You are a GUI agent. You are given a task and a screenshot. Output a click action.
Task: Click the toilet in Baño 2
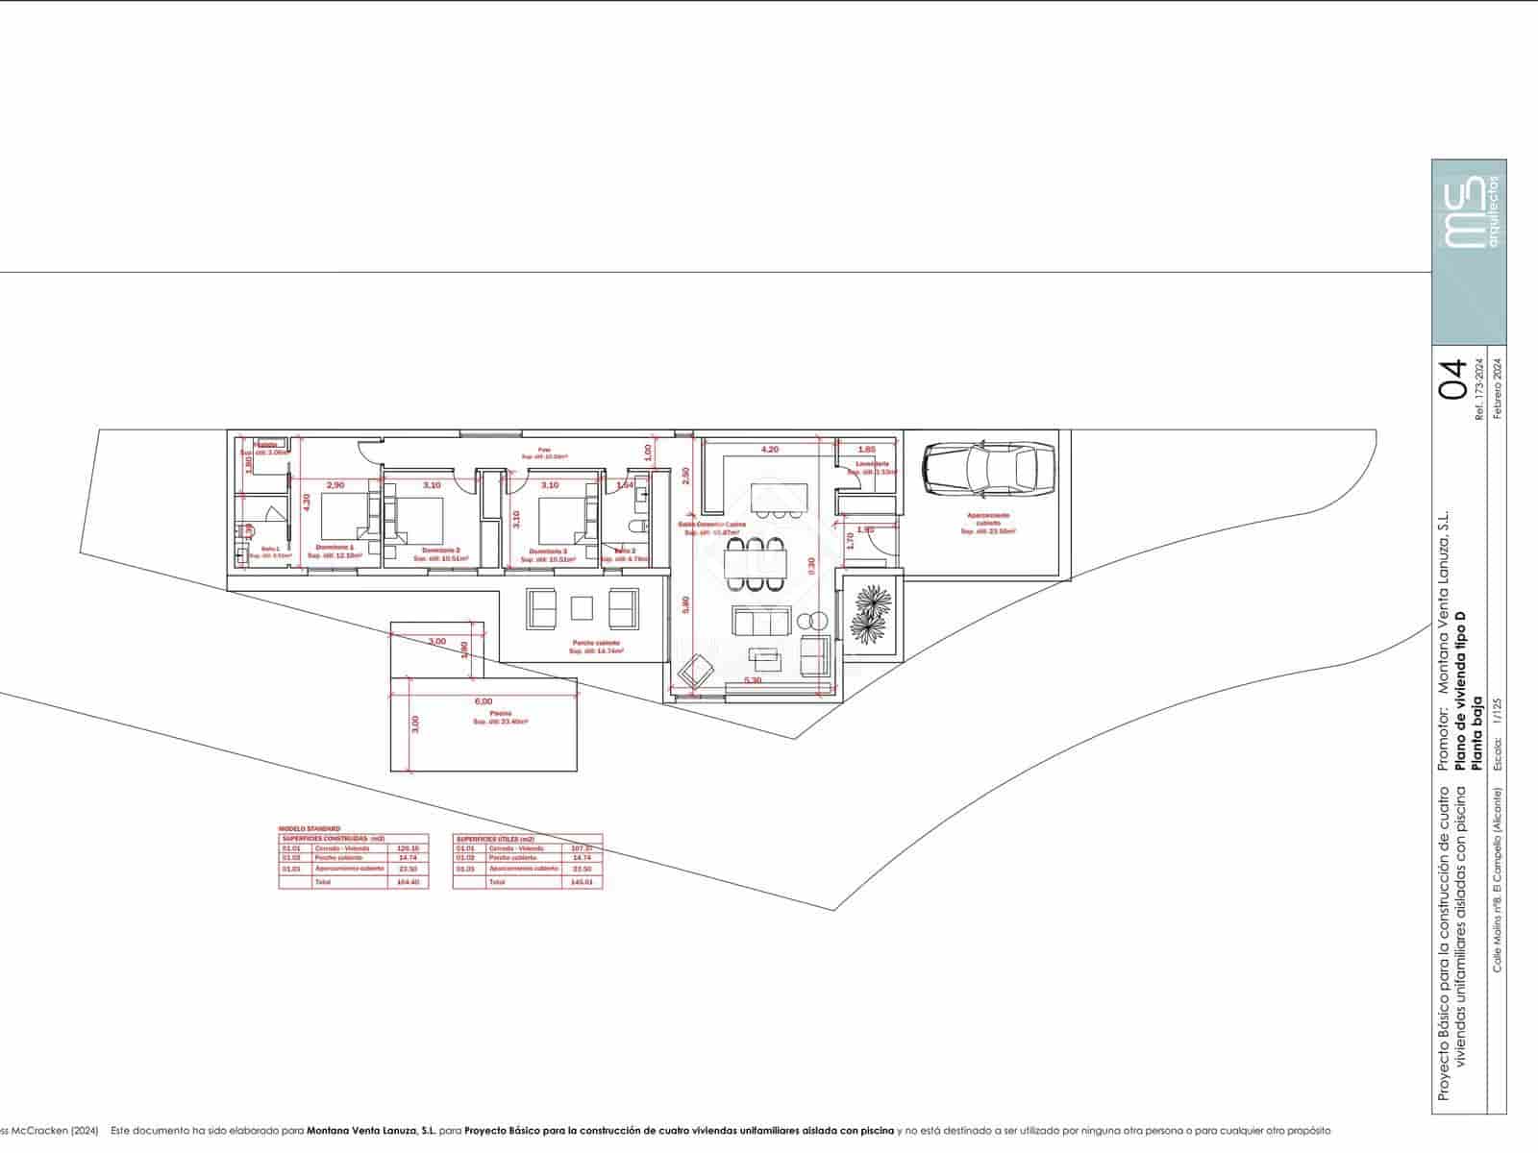point(632,527)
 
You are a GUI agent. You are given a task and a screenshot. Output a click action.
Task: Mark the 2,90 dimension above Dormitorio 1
point(335,485)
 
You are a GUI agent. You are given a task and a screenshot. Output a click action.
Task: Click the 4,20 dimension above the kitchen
point(770,449)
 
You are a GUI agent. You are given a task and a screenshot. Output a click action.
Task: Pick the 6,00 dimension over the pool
point(483,701)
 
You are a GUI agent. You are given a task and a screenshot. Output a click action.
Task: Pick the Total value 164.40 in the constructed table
point(408,881)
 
